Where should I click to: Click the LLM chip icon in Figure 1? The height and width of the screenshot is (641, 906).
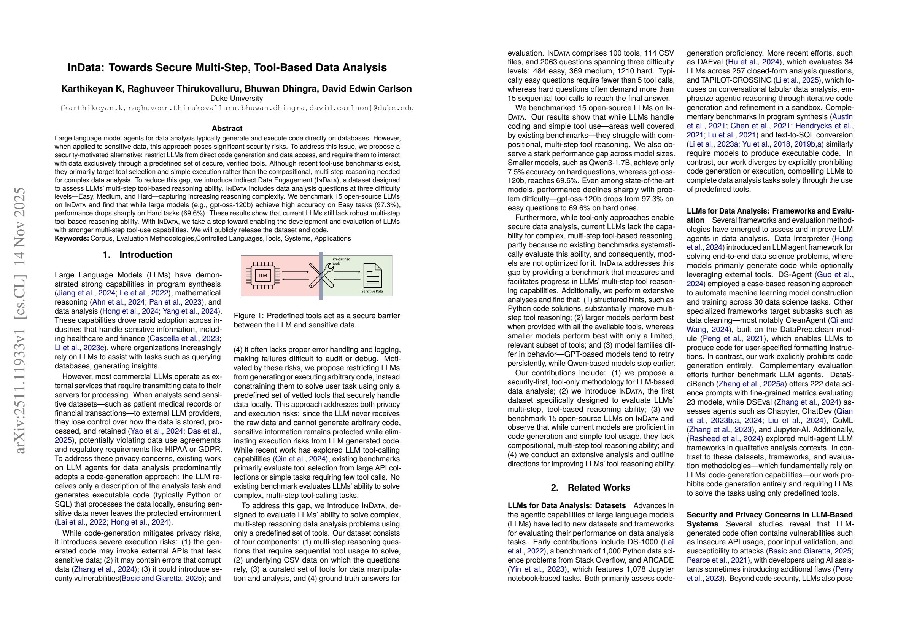[263, 275]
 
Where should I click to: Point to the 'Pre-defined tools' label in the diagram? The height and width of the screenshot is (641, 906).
[341, 261]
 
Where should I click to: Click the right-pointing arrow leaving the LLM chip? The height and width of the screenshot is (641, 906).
[295, 272]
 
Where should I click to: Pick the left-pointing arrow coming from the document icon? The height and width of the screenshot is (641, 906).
[347, 279]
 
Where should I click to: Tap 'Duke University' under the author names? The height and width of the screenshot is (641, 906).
[236, 98]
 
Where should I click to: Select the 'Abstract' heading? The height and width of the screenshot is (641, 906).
[227, 128]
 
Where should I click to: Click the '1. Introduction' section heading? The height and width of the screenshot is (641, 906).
[138, 255]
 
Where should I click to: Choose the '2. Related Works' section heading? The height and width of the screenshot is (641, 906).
[591, 488]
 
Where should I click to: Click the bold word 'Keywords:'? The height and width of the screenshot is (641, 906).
[72, 239]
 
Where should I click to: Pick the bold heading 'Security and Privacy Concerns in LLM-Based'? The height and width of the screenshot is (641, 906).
[769, 515]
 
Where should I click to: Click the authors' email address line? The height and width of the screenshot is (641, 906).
[237, 108]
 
